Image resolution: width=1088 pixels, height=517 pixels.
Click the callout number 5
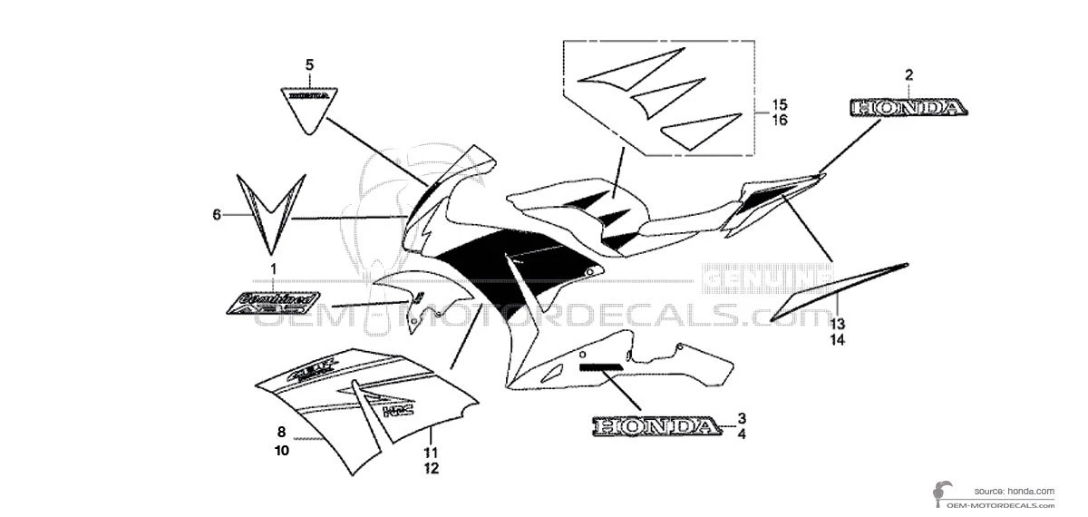(x=309, y=64)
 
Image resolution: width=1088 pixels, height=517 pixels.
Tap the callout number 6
(x=217, y=215)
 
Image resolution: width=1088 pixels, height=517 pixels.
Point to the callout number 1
(x=271, y=269)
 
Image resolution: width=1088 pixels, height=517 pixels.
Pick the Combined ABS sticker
(x=273, y=300)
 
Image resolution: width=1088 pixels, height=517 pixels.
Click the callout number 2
(x=908, y=75)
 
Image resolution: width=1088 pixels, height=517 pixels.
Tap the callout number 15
(x=780, y=103)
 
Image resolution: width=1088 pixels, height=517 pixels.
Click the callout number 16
(x=780, y=120)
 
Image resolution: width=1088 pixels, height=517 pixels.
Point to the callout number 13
(x=836, y=324)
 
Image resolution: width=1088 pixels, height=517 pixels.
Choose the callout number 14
(x=836, y=340)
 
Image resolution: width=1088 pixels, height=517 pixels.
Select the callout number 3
(x=742, y=418)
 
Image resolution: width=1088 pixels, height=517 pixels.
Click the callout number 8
(x=281, y=433)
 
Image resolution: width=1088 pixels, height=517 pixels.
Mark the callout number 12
(x=430, y=469)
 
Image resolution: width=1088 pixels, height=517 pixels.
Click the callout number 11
(x=430, y=453)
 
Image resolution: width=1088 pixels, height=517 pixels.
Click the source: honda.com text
(x=1015, y=491)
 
